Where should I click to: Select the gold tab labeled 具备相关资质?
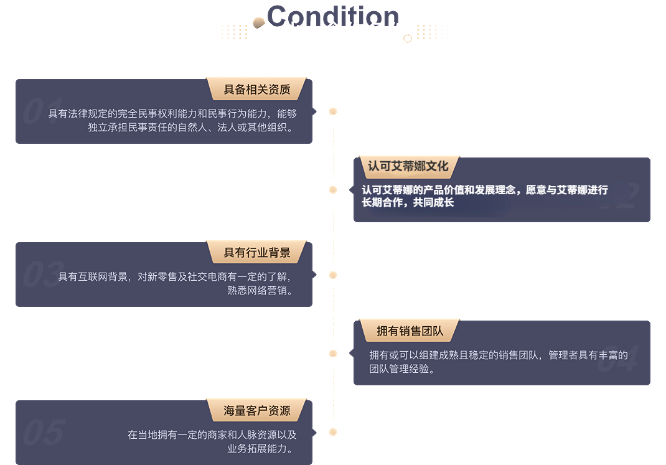tap(257, 89)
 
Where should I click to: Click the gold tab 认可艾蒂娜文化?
tap(408, 167)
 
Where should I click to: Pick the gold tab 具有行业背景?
tap(257, 252)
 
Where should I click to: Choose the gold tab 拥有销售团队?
tap(410, 331)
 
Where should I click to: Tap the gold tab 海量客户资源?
tap(257, 410)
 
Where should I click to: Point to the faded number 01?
tap(42, 111)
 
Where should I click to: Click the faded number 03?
tap(42, 275)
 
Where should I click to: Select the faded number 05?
tap(44, 432)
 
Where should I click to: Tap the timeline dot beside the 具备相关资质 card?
tap(333, 111)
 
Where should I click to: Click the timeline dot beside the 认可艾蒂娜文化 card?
tap(333, 190)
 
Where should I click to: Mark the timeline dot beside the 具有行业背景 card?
tap(333, 275)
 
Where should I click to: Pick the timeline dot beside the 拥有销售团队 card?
tap(333, 354)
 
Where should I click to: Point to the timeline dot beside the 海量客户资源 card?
tap(333, 432)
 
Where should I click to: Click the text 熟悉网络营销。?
tap(260, 290)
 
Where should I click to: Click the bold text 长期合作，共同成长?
tap(408, 203)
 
